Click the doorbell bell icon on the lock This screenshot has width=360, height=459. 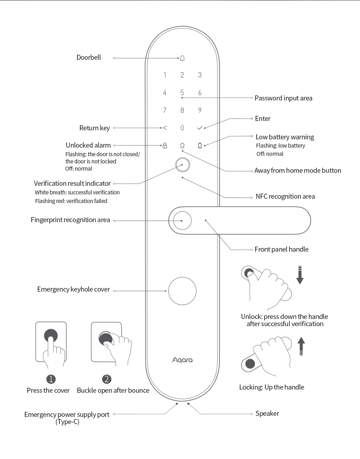(183, 58)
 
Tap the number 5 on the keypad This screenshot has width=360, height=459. (182, 93)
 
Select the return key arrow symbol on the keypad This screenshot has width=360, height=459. (165, 128)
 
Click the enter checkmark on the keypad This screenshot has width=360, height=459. (200, 128)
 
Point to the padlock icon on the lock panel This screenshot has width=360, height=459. (165, 145)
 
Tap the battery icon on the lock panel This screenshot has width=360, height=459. (200, 145)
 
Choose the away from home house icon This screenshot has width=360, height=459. (182, 145)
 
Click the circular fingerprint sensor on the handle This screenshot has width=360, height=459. (182, 220)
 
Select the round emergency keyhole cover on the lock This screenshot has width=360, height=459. (183, 291)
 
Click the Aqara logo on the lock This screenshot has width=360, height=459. (183, 360)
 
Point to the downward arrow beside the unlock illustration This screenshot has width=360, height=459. (300, 275)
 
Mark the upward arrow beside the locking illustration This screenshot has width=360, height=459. (301, 346)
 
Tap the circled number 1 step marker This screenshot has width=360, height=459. (51, 379)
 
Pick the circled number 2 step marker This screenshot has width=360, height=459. (106, 379)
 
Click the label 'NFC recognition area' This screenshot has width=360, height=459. (285, 197)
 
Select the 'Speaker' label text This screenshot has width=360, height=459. (267, 414)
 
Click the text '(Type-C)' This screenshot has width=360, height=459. (67, 422)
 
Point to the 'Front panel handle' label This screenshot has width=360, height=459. (282, 249)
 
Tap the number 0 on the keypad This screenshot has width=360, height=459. (182, 128)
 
